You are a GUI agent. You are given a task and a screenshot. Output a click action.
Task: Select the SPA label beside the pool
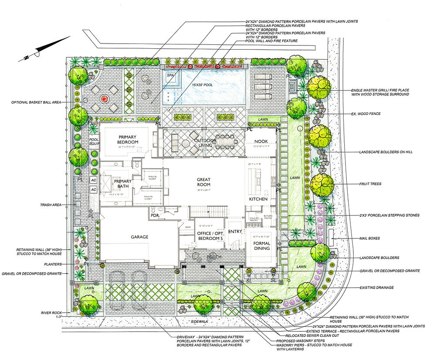tap(170, 75)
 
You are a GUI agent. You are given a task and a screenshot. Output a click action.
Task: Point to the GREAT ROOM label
tap(203, 182)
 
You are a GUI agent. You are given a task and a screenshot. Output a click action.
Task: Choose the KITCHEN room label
tap(258, 199)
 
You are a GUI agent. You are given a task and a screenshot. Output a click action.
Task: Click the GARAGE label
tap(140, 237)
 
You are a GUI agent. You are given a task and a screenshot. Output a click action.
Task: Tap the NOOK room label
tap(260, 141)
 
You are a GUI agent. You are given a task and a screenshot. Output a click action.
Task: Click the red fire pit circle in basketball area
tap(105, 99)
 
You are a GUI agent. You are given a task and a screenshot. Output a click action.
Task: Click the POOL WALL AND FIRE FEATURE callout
tap(271, 41)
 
